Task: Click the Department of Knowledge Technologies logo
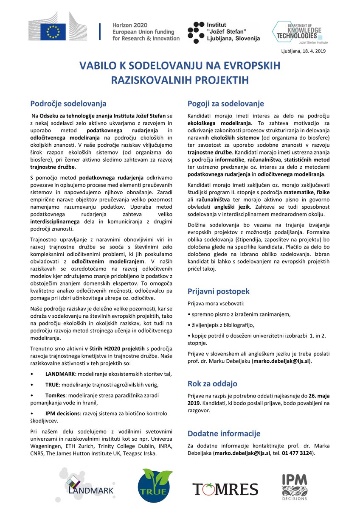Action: [x=297, y=32]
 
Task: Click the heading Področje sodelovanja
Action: [x=68, y=103]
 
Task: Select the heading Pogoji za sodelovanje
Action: [x=225, y=103]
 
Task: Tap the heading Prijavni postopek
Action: [x=218, y=291]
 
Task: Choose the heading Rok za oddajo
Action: [x=212, y=384]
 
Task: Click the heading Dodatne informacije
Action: [x=224, y=433]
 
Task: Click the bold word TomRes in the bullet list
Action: [x=55, y=395]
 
